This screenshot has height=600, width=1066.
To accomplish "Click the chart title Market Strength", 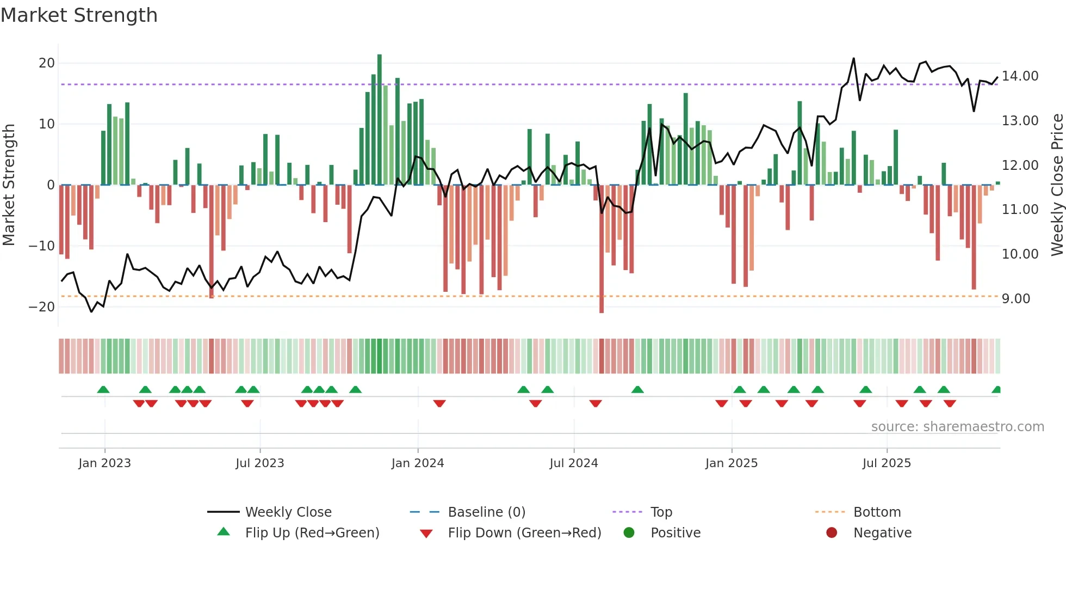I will tap(79, 15).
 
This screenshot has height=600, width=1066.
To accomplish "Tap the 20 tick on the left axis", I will tap(47, 63).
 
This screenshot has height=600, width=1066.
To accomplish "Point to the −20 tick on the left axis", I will tap(42, 307).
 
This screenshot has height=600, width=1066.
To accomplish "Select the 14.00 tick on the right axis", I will tap(1020, 76).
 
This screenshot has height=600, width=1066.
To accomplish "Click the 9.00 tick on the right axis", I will tap(1015, 299).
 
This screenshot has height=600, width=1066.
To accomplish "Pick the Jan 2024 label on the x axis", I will tap(417, 463).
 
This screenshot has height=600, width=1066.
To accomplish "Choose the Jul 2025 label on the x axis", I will tap(886, 463).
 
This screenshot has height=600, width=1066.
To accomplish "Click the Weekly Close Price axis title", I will tap(1057, 185).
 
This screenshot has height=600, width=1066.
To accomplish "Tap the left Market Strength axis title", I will tap(9, 185).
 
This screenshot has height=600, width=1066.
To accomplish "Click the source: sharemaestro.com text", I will tap(957, 427).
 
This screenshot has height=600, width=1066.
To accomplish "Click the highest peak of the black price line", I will tap(853, 58).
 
